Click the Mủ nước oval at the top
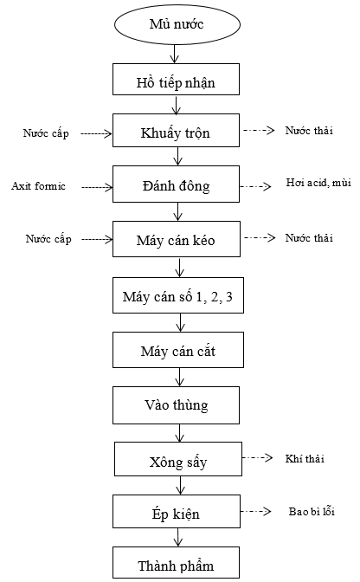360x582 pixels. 177,23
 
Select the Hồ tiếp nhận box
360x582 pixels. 177,79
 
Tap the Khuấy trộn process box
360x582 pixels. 177,130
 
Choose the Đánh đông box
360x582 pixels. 177,184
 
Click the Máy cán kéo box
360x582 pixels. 177,239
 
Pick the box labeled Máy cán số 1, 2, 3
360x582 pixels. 178,295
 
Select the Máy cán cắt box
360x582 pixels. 178,350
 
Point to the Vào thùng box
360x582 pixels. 177,405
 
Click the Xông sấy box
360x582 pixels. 178,459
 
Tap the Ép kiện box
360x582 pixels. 177,512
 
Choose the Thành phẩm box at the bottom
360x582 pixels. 177,562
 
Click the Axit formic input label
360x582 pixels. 39,185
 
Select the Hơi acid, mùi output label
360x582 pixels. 318,182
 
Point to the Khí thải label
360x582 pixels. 305,459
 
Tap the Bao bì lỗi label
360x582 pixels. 312,511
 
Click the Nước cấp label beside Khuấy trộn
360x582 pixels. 46,133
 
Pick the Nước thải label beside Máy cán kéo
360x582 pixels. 309,237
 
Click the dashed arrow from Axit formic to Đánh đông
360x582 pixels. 97,187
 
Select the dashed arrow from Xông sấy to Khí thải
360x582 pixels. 258,457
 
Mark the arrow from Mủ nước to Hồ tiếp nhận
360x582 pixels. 175,55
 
